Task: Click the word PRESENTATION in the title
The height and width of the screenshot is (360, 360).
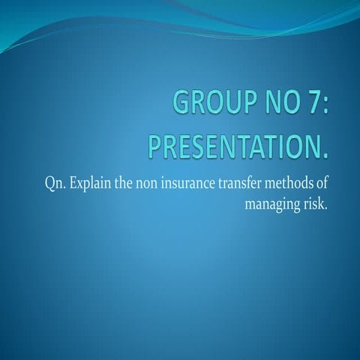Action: click(x=234, y=145)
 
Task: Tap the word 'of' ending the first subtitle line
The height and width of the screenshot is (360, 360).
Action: click(x=324, y=184)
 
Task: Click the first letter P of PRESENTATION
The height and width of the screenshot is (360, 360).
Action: click(x=154, y=145)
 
